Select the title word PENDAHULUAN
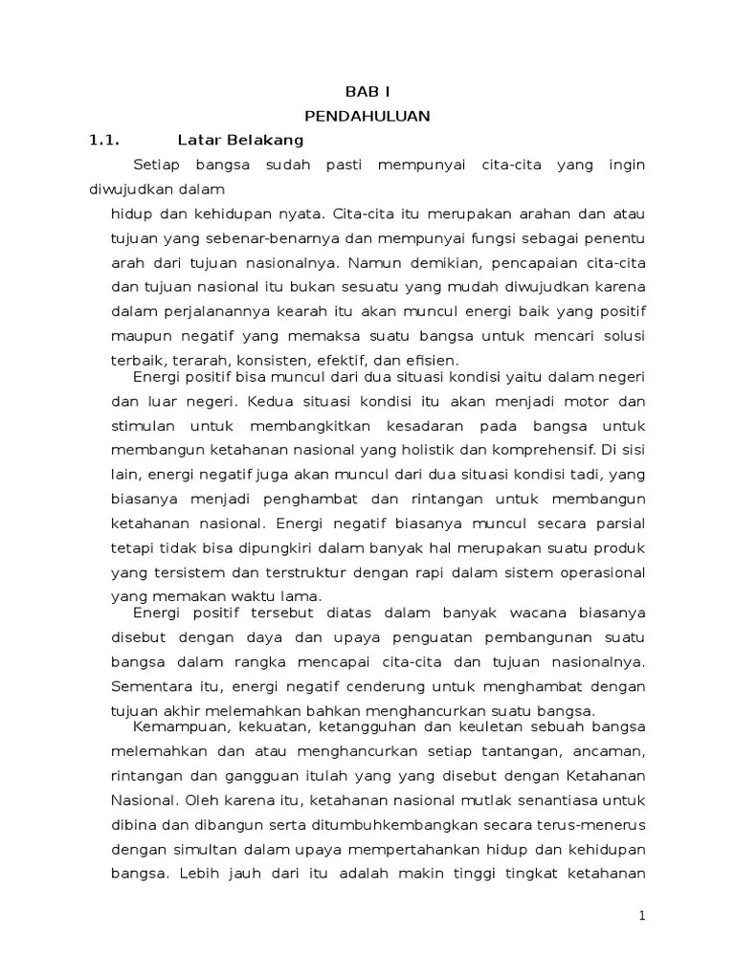pos(367,116)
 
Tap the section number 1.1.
pos(102,140)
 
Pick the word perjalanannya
pos(207,311)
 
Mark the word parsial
pos(621,523)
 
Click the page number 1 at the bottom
pos(642,916)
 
